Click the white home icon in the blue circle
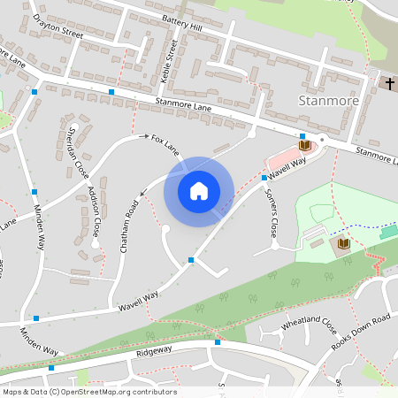[198, 190]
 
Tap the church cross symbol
[390, 83]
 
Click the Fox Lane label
[165, 145]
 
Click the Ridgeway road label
[156, 352]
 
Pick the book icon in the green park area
[343, 242]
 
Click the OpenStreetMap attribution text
[88, 392]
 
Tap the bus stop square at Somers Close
[264, 178]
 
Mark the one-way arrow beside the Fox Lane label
[144, 137]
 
